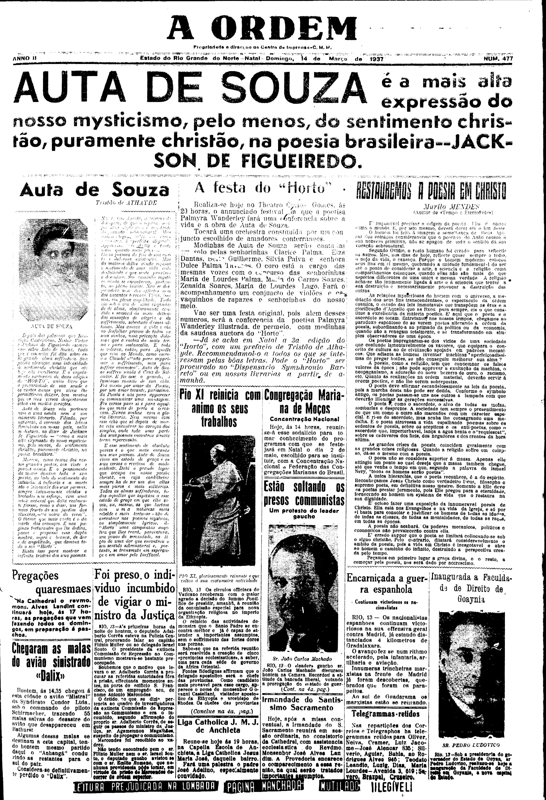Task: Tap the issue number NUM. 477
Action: coord(498,59)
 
